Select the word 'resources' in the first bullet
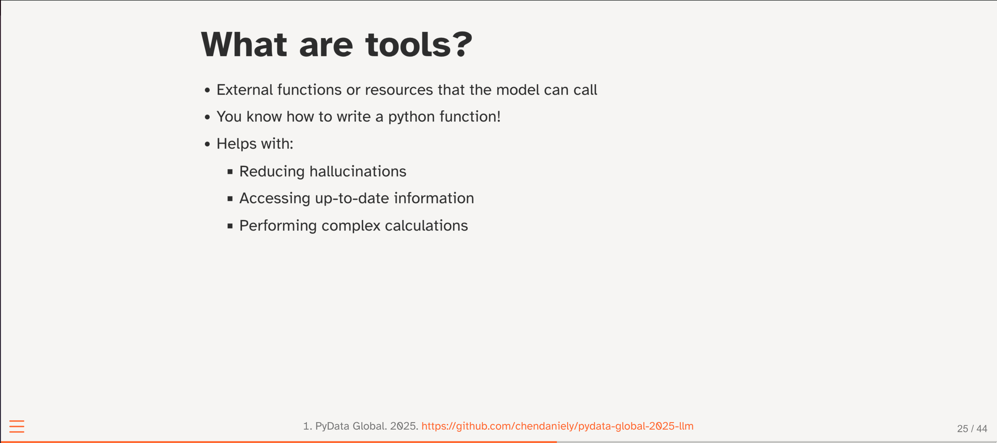tap(399, 90)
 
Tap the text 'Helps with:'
tap(255, 144)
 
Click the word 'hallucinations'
tap(358, 171)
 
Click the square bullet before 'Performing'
tap(230, 226)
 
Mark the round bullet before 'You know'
tap(207, 117)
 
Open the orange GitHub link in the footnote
tap(557, 426)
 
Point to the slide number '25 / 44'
tap(972, 429)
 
